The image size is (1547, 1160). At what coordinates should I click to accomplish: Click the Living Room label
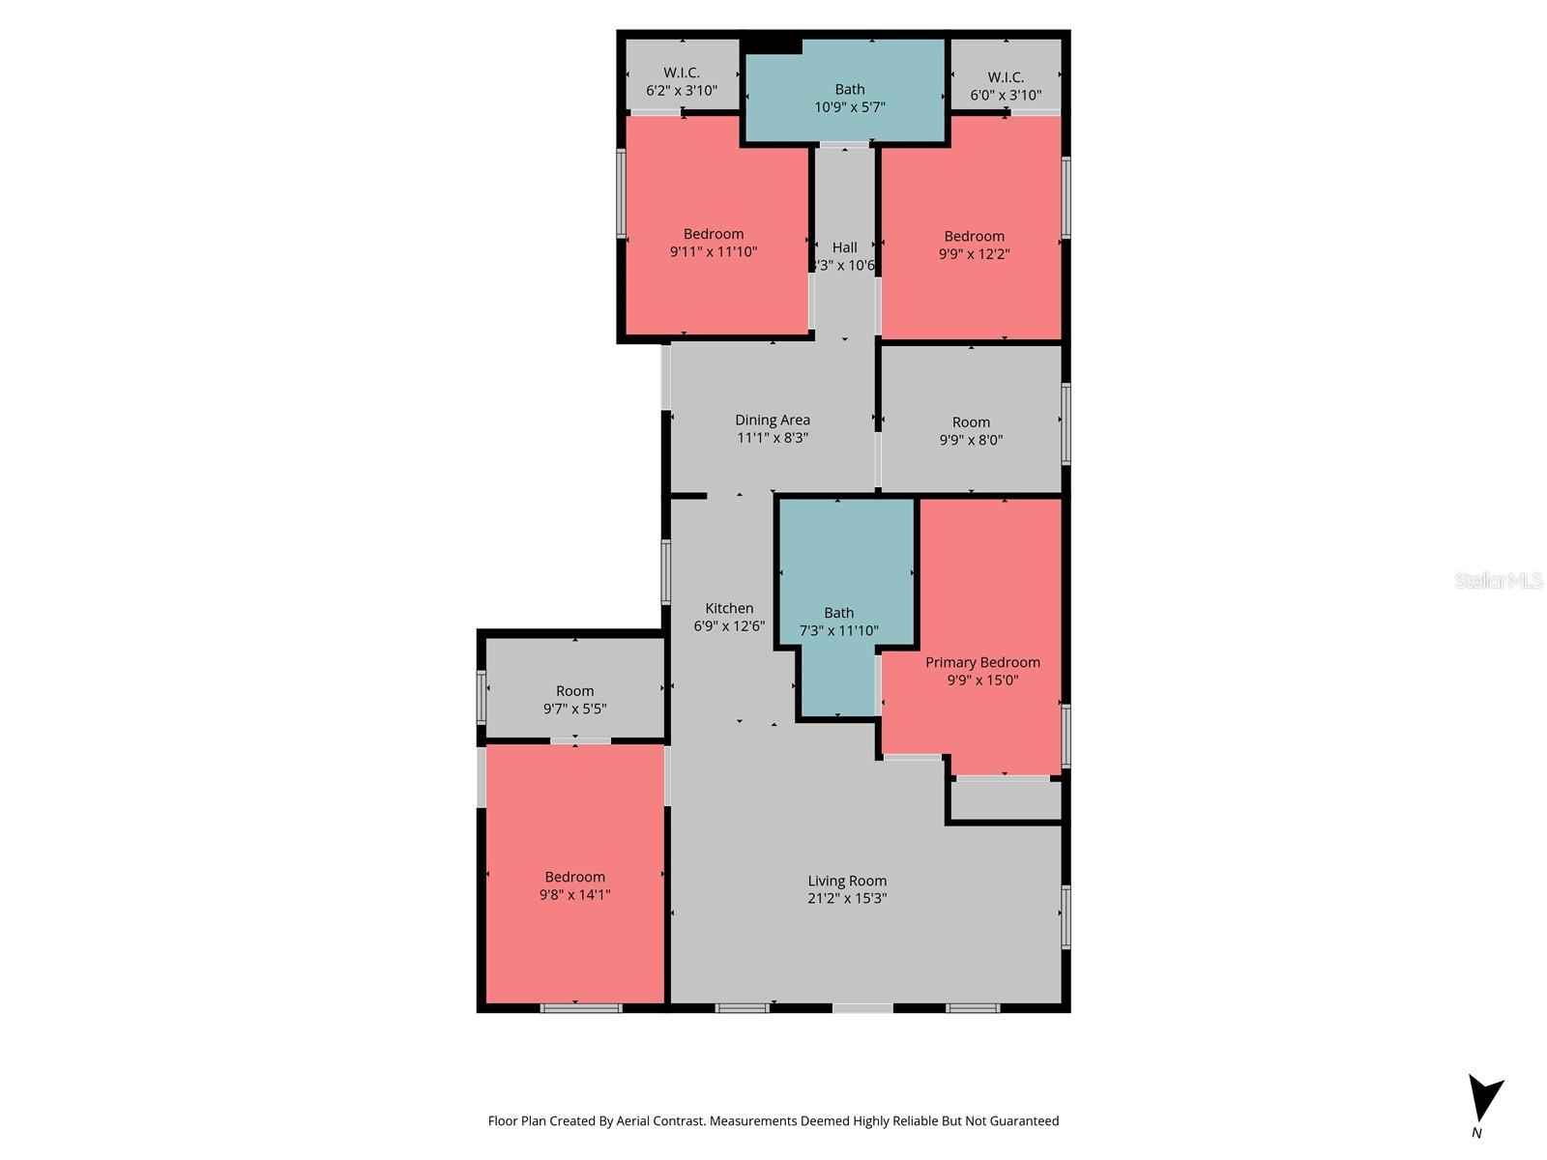coord(847,881)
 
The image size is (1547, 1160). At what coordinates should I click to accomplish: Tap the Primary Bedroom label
coord(982,662)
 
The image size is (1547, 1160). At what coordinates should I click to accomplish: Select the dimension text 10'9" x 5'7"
coord(850,107)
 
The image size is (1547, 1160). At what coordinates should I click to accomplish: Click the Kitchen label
coord(729,608)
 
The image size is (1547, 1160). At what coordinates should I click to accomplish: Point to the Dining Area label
coord(773,420)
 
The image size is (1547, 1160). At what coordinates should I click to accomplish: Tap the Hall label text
coord(845,247)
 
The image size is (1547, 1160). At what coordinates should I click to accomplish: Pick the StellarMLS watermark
coord(1499,580)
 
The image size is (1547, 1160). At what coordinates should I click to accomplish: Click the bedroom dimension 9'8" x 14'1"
coord(575,895)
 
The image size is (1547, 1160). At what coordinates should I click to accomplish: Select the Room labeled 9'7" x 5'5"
coord(575,699)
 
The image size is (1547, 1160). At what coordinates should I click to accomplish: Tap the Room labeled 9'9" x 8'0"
coord(971,430)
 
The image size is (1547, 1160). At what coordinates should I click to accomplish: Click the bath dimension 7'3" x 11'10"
coord(839,630)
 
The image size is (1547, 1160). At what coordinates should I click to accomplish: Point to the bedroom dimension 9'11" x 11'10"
coord(714,251)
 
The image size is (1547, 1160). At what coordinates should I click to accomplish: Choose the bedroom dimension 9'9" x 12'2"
coord(975,254)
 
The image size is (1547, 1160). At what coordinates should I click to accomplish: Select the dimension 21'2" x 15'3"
coord(847,898)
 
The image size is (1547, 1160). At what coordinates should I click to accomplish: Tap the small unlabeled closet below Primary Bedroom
coord(1006,799)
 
